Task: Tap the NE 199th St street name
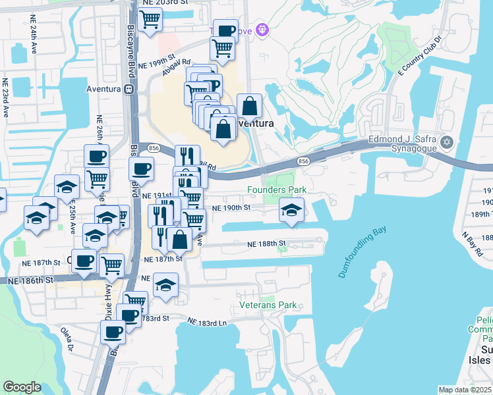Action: (156, 61)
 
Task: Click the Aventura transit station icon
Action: (130, 89)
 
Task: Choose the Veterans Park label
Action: (268, 305)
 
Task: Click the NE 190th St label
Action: (231, 208)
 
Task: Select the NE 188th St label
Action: (266, 244)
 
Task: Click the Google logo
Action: (22, 387)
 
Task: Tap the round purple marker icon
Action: (262, 30)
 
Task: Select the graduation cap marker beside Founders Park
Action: (291, 211)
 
